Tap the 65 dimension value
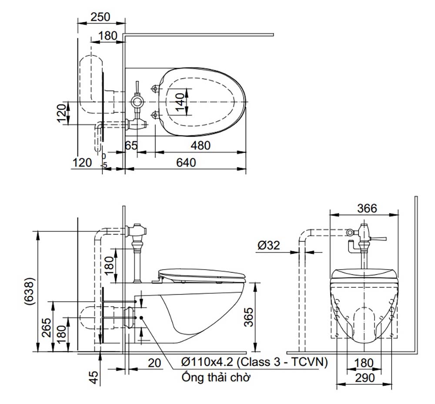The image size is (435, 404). point(131,146)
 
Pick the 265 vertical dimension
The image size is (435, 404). point(47,326)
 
